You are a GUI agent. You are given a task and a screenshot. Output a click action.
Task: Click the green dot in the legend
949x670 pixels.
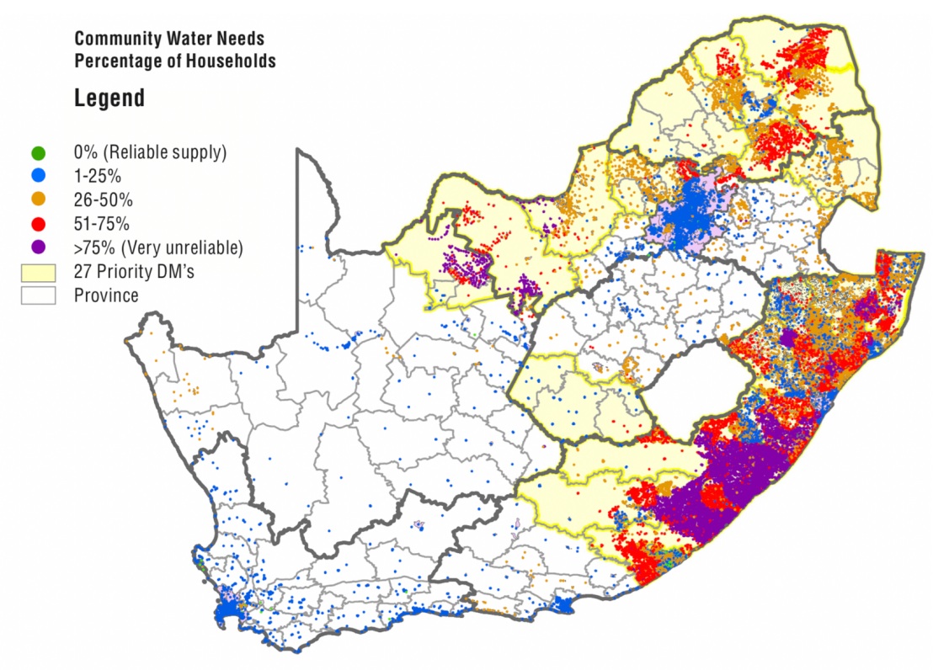tap(38, 153)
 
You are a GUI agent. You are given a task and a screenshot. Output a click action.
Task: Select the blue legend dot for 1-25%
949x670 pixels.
tap(38, 177)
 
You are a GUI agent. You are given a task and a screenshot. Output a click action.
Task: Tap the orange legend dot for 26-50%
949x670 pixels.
tap(38, 200)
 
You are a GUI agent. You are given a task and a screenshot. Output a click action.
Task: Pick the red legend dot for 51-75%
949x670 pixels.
tap(38, 224)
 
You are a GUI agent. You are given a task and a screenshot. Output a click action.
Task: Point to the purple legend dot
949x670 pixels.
tap(38, 247)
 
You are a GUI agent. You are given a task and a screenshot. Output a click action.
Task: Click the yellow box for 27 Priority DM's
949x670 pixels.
tap(39, 272)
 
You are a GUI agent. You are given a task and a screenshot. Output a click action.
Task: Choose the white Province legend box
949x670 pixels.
tap(39, 295)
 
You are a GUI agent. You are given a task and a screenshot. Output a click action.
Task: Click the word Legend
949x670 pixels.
tap(109, 98)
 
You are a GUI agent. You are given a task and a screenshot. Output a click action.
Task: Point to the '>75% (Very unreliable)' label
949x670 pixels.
tap(158, 247)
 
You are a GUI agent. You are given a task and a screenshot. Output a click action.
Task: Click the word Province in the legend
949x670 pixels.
tap(106, 295)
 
